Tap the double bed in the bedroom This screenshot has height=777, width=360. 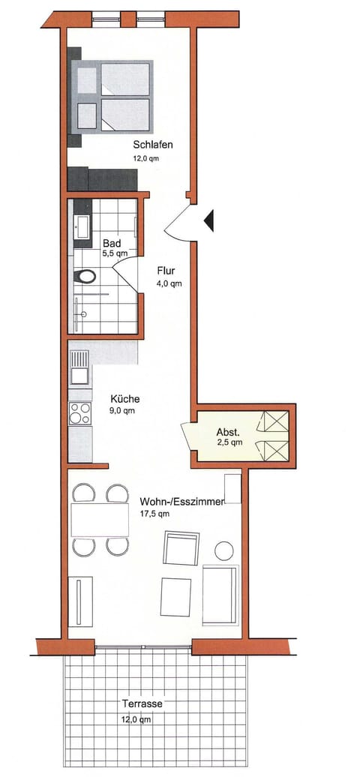(x=112, y=97)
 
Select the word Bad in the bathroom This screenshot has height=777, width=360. (x=112, y=243)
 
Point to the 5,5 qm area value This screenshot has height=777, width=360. (x=115, y=253)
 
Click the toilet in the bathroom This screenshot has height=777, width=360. (x=85, y=276)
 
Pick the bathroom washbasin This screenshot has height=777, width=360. (x=81, y=225)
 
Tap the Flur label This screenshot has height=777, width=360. (x=166, y=271)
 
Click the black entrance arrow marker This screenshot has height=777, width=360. (x=209, y=220)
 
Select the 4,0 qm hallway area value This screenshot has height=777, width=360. (x=169, y=283)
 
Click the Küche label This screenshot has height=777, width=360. (x=124, y=399)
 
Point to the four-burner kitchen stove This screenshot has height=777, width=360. (x=79, y=413)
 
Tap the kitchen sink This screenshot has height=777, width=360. (x=78, y=370)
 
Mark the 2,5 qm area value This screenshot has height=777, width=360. (x=229, y=442)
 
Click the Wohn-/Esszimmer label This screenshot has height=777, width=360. (x=181, y=502)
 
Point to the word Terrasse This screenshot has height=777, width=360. (x=142, y=705)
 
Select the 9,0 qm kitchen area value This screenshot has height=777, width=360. (x=123, y=411)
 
